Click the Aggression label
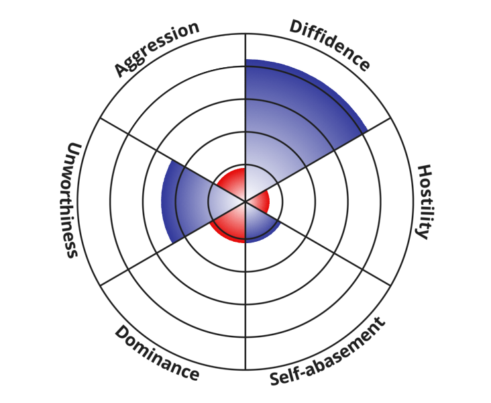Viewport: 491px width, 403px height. pyautogui.click(x=157, y=49)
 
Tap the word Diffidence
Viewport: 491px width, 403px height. pyautogui.click(x=329, y=45)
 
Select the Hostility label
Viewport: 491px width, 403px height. pyautogui.click(x=424, y=201)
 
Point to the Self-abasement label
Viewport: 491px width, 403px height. pyautogui.click(x=328, y=351)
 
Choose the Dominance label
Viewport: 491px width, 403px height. pyautogui.click(x=156, y=353)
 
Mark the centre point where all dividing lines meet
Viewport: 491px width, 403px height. pyautogui.click(x=245, y=201)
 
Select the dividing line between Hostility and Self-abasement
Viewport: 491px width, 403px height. pyautogui.click(x=335, y=254)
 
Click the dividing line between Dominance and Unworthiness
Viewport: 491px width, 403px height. pyautogui.click(x=154, y=254)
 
